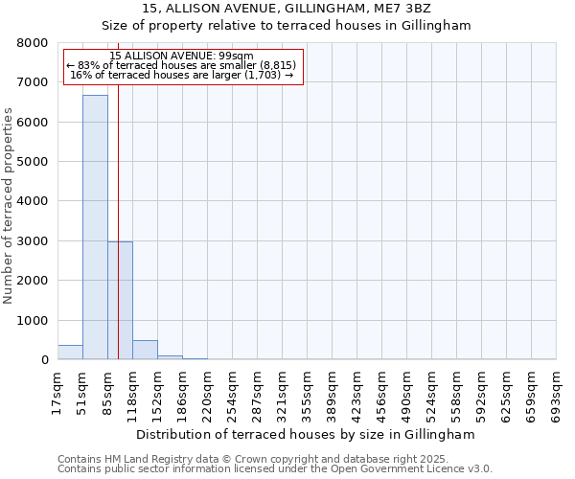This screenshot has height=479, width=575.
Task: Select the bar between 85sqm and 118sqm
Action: tap(120, 300)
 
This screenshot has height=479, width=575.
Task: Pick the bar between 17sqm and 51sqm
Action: tap(70, 352)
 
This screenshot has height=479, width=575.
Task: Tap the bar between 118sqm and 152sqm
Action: tap(145, 350)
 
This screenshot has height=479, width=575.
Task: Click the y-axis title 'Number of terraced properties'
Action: tap(10, 206)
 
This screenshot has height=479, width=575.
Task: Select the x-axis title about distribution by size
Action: tap(306, 434)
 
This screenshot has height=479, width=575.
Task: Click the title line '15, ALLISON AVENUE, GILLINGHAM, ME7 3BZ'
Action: tap(287, 9)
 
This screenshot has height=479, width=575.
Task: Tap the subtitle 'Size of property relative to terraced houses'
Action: tap(287, 25)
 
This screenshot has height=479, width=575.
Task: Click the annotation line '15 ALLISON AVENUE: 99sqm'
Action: tap(182, 57)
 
